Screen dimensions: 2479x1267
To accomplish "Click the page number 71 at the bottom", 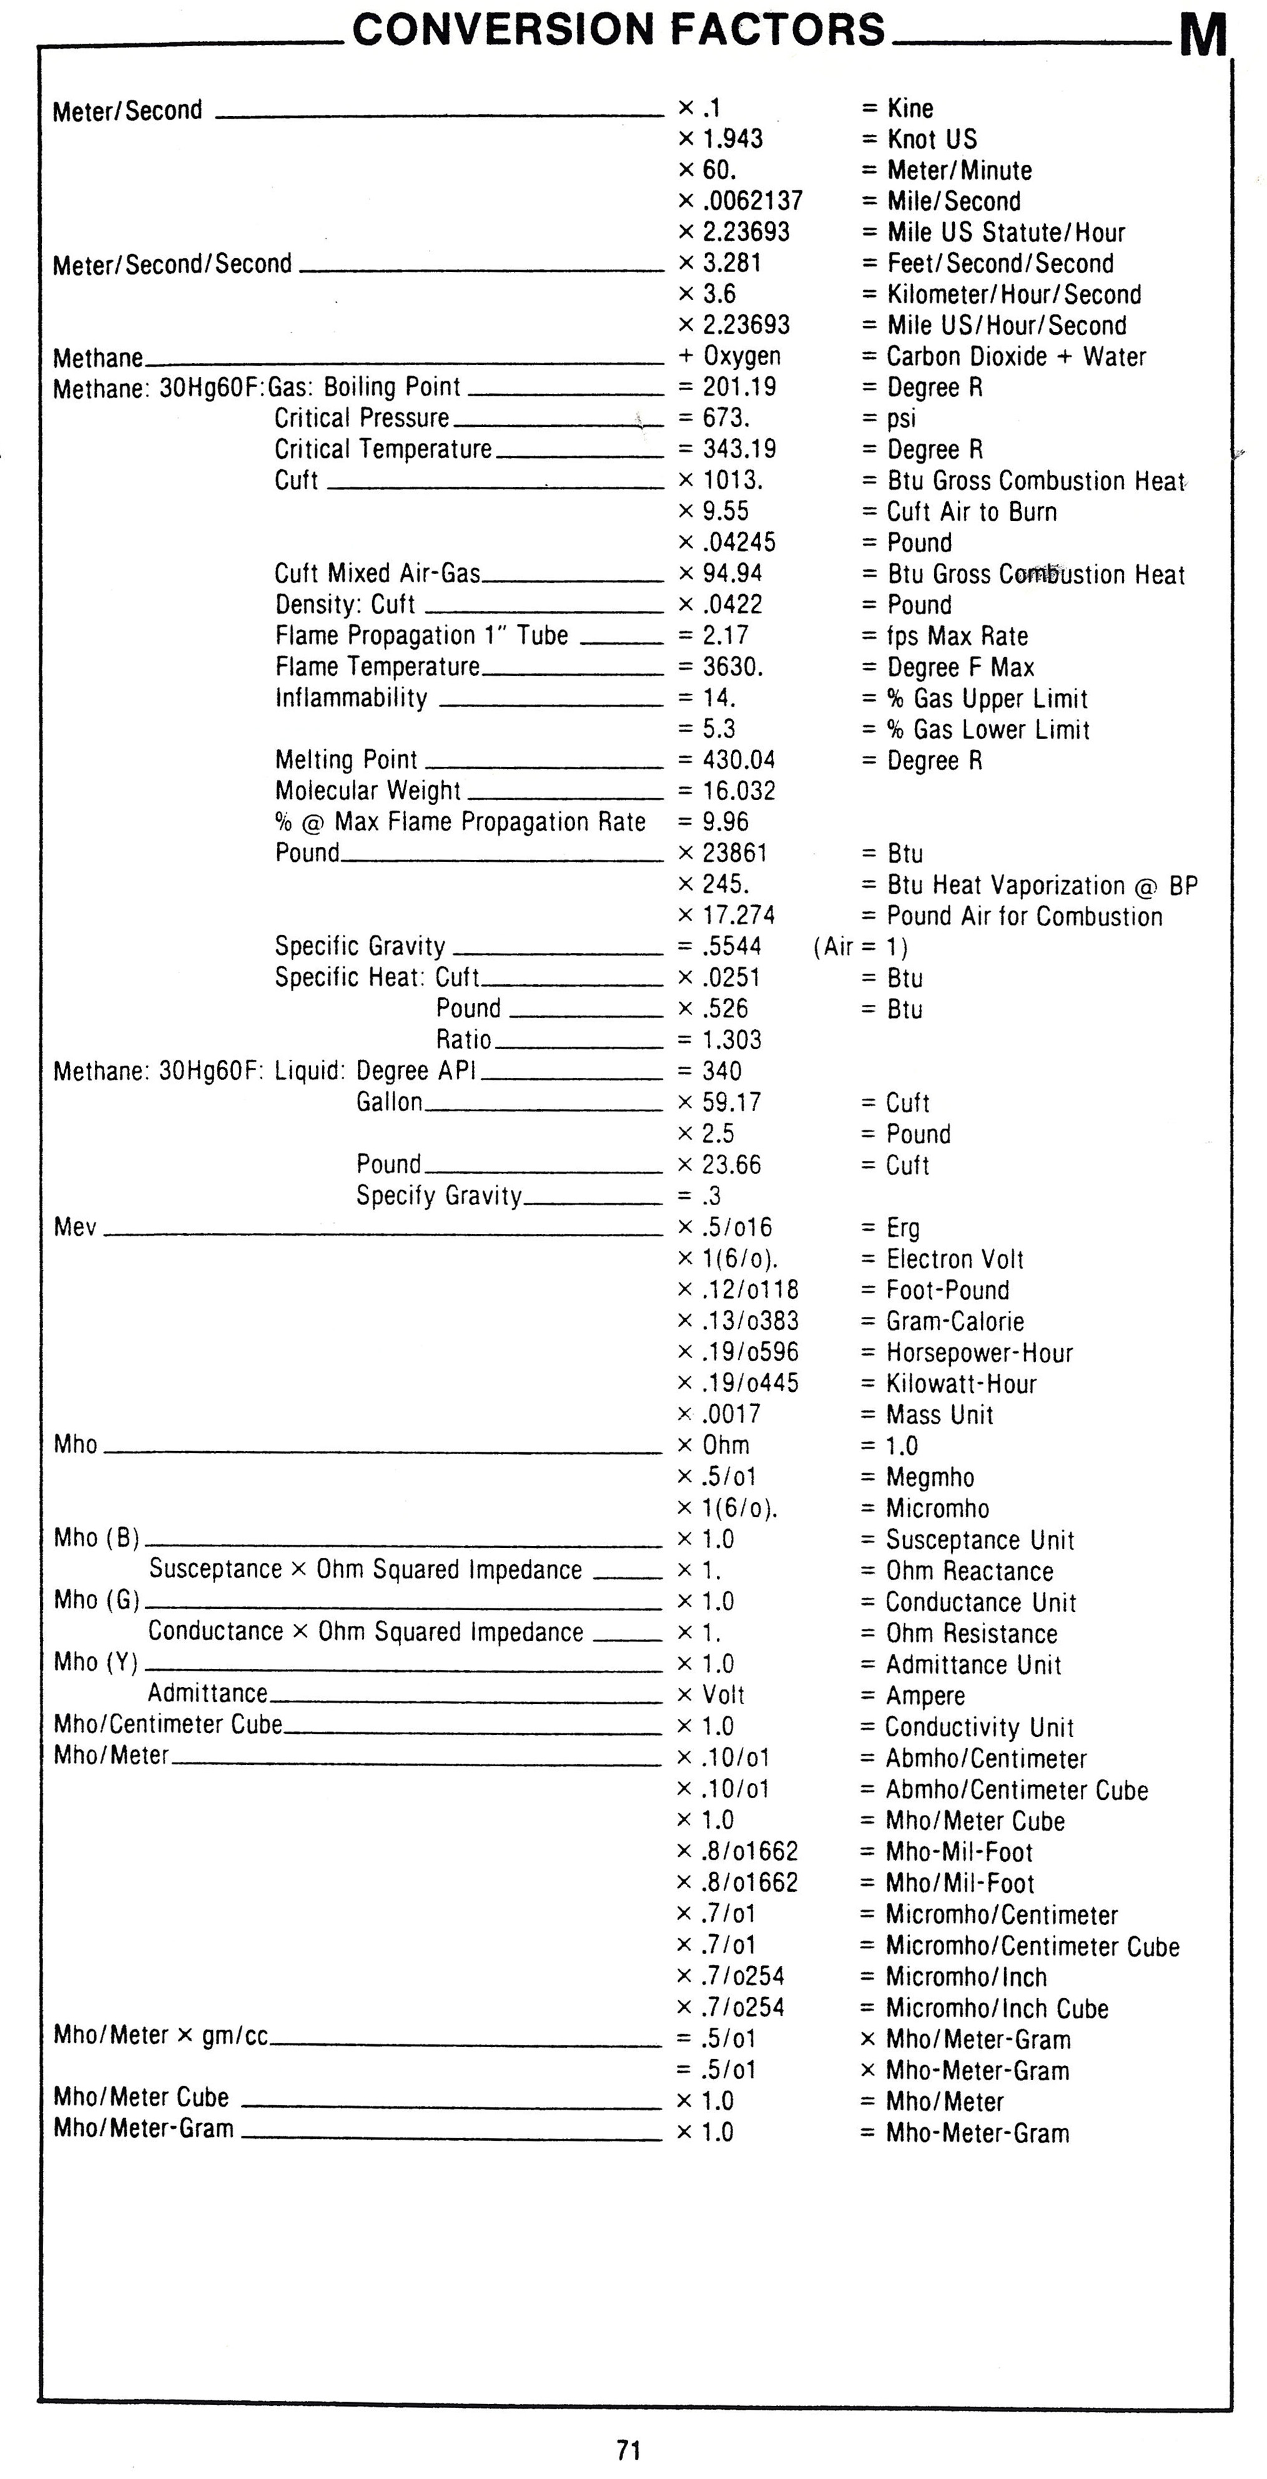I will coord(629,2449).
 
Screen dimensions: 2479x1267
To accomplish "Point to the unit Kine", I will coord(910,108).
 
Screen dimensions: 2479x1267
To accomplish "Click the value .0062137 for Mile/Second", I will coord(752,201).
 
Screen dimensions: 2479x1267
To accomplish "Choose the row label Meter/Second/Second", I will coord(172,263).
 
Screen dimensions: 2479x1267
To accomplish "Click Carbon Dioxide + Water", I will coord(1016,356).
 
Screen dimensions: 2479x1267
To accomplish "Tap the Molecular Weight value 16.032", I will coord(739,791).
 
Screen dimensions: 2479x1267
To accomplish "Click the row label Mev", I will coord(75,1227).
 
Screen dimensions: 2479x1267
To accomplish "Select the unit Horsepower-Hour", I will coord(979,1353).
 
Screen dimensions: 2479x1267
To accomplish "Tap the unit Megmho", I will coord(930,1477).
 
